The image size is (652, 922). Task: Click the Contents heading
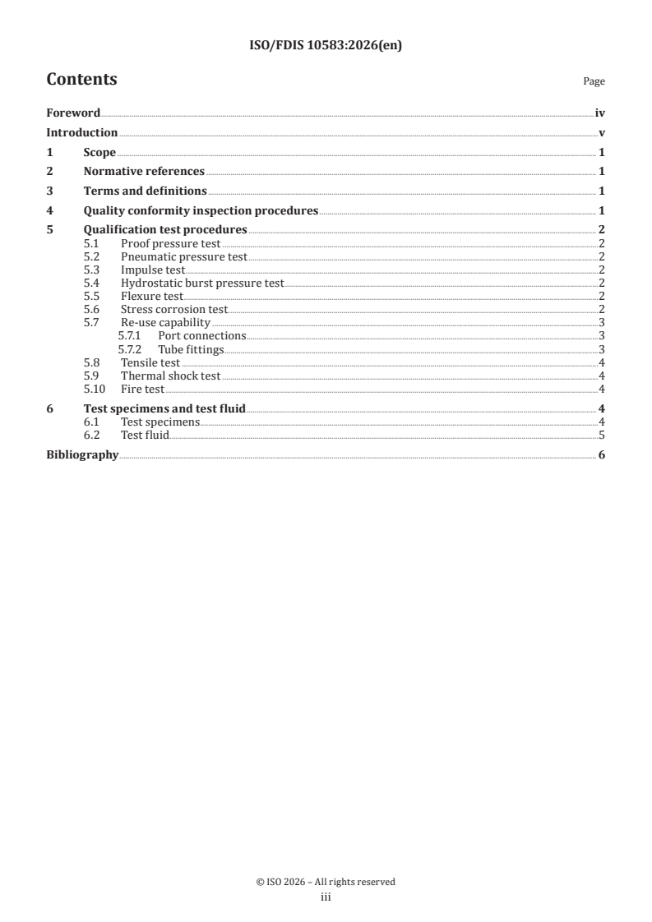[81, 80]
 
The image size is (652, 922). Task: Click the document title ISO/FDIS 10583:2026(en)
[326, 46]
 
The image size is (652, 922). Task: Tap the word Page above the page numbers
[594, 81]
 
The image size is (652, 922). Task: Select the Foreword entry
[73, 113]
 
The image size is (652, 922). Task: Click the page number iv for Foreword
[600, 113]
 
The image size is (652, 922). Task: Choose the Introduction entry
[82, 132]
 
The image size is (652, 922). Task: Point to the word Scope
[99, 152]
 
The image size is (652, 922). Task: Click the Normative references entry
[144, 172]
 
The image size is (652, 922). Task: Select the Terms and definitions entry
[145, 191]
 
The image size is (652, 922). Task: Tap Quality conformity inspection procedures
[201, 211]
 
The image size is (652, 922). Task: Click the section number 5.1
[93, 244]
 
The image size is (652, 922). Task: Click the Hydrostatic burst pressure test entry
[201, 284]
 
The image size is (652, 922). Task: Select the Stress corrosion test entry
[173, 310]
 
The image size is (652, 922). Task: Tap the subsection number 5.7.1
[130, 336]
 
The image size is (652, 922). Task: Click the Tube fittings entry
[191, 349]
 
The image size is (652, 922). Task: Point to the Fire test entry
[142, 389]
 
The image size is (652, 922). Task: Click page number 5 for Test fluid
[602, 435]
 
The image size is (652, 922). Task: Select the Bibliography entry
[82, 454]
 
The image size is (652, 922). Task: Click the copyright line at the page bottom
[326, 882]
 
